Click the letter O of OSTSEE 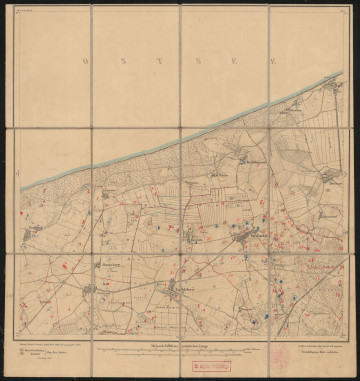88,59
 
